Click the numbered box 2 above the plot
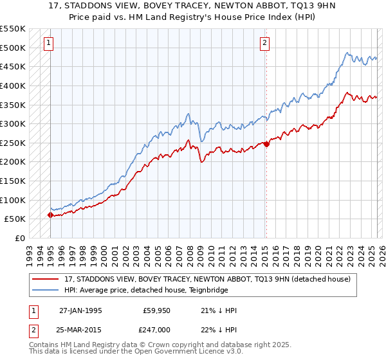coord(264,43)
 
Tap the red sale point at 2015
coord(266,144)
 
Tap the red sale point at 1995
coord(51,215)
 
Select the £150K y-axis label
coord(13,181)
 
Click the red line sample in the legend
coord(46,279)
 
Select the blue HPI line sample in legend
coord(46,290)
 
